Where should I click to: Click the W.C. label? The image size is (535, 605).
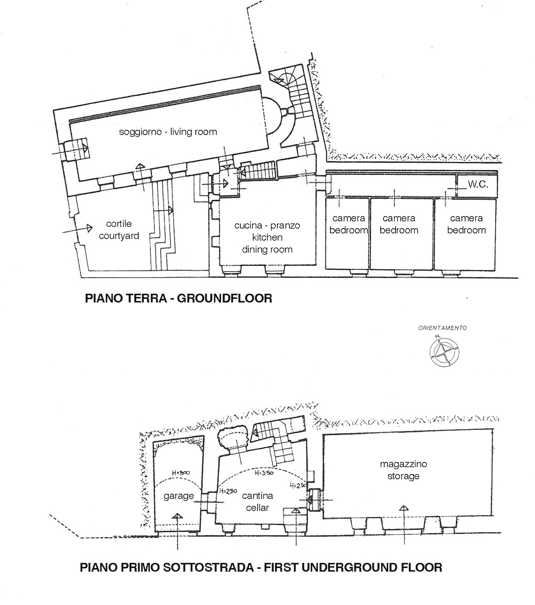478,184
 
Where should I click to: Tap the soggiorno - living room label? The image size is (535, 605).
168,132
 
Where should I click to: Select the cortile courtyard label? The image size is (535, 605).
119,229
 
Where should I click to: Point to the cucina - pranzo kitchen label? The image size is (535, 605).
267,231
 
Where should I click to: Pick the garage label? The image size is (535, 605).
179,496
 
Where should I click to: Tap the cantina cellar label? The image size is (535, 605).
257,502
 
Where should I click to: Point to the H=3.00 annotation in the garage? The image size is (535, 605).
181,473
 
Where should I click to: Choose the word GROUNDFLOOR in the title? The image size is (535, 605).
224,298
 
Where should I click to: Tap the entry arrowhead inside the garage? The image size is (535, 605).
177,516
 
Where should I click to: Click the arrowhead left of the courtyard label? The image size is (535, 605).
89,228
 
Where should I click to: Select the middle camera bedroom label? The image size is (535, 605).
399,224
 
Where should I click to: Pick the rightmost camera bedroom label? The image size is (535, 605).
466,224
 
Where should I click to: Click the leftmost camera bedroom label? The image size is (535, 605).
349,224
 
